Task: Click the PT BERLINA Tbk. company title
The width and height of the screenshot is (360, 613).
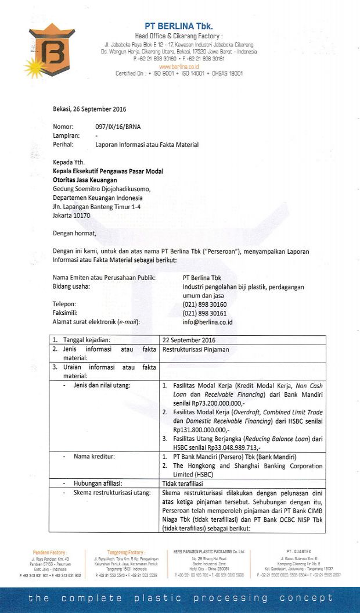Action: (x=179, y=26)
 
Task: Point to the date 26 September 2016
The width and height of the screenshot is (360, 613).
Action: (x=89, y=109)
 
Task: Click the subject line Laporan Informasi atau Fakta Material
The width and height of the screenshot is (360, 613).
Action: (x=147, y=145)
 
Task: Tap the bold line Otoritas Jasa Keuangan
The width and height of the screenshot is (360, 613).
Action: (x=89, y=180)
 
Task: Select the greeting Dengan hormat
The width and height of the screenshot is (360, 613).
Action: (x=74, y=234)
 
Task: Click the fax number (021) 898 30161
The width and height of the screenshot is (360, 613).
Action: (x=204, y=313)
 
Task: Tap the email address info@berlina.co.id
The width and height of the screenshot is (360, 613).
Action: (x=208, y=322)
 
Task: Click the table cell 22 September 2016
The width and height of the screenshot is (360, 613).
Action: (x=189, y=340)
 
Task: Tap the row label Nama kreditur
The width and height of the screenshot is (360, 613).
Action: (x=94, y=457)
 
